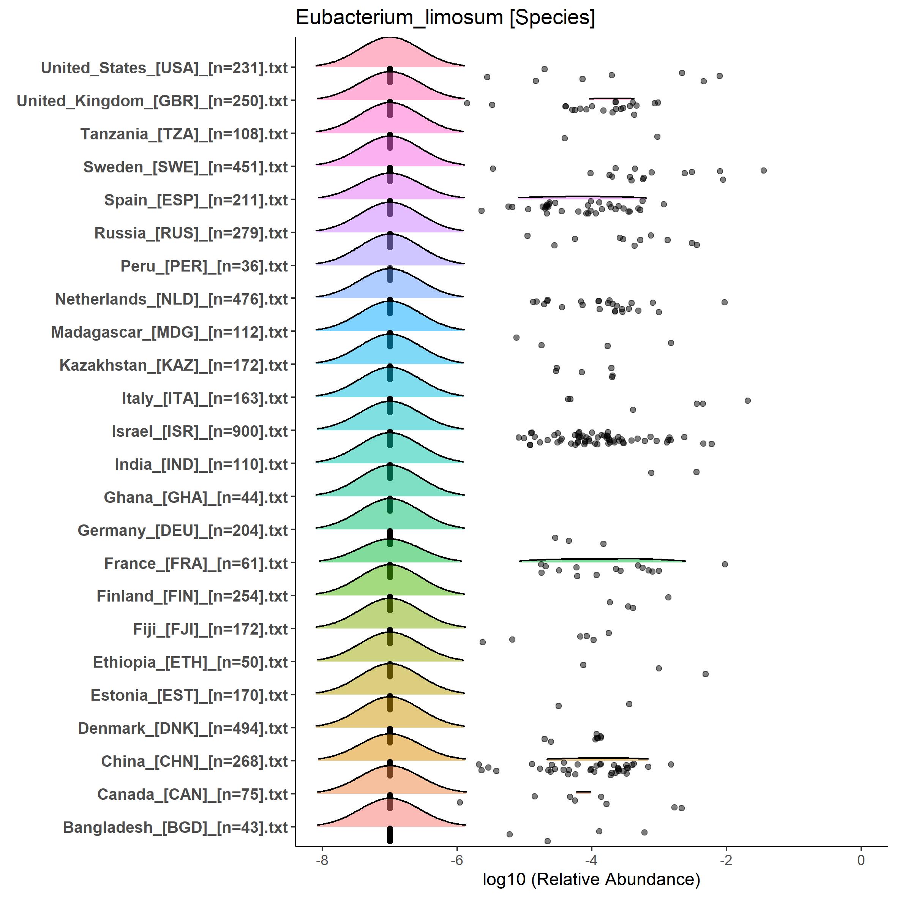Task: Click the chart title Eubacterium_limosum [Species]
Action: tap(445, 17)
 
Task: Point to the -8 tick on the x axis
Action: tap(322, 860)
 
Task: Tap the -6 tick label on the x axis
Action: tap(456, 860)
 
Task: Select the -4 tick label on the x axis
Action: tap(591, 860)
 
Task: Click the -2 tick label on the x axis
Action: tap(726, 860)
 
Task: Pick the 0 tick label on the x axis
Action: tap(861, 860)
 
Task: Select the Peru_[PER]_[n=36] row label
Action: tap(204, 266)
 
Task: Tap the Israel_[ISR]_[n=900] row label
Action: tap(200, 431)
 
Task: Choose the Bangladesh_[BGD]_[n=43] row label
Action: tap(175, 828)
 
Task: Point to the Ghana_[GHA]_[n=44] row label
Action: tap(196, 497)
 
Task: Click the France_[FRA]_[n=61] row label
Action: tap(196, 563)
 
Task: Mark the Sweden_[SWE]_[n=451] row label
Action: tap(185, 167)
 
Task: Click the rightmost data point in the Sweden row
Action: tap(763, 171)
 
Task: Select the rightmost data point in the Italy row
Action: tap(747, 400)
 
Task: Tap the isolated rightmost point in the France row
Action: tap(725, 564)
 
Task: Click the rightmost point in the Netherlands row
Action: tap(724, 302)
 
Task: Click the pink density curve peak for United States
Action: tap(390, 38)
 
